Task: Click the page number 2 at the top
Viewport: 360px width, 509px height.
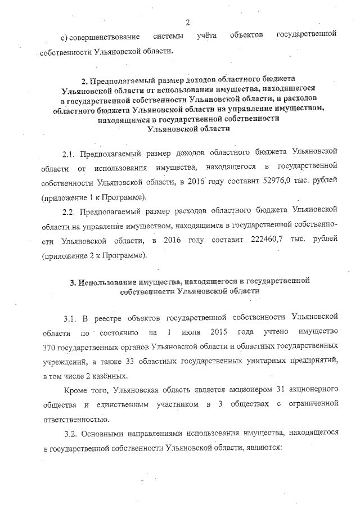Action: [x=188, y=22]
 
